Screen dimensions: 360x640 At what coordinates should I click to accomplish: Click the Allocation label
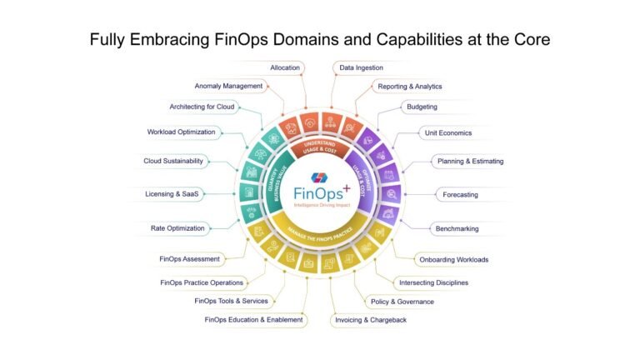point(286,66)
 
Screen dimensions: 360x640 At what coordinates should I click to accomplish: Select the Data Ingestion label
point(360,66)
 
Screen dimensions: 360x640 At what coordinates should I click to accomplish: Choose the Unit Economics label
point(448,132)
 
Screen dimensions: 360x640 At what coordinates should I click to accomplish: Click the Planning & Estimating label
point(469,161)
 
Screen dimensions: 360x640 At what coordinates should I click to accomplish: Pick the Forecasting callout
point(460,194)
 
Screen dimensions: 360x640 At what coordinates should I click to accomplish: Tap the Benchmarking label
point(457,228)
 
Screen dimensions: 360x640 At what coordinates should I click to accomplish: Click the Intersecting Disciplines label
point(433,282)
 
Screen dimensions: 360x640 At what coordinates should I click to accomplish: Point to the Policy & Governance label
point(402,301)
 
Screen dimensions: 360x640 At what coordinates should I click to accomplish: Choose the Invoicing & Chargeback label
point(370,320)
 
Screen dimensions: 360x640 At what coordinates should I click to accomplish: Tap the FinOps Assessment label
point(191,259)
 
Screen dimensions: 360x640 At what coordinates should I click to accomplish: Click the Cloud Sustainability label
point(173,161)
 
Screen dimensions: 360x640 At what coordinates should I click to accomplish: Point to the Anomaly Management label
point(228,86)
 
